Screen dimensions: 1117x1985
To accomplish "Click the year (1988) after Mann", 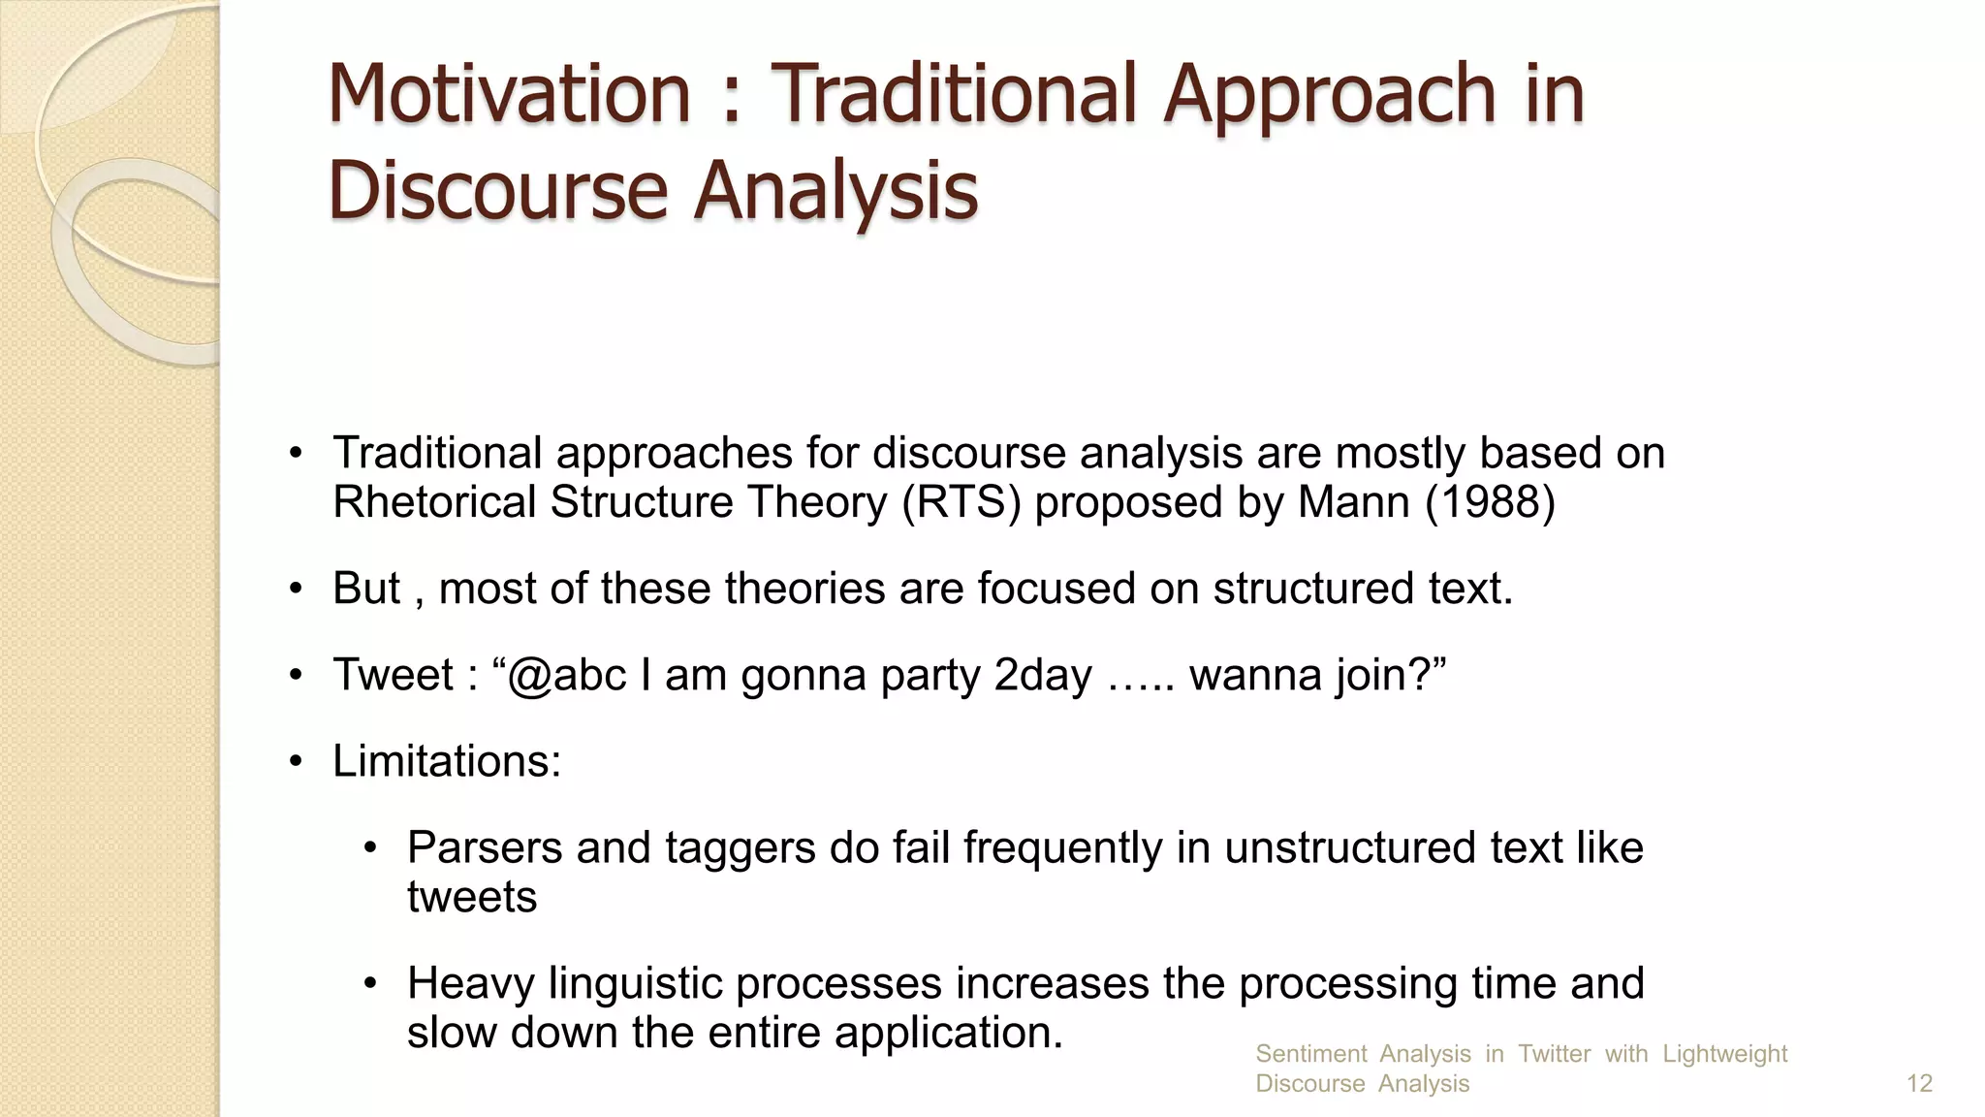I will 1490,502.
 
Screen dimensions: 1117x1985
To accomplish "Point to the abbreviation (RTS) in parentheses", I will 961,502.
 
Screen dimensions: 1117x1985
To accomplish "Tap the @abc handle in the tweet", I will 566,675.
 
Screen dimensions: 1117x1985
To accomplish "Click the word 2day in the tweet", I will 1043,675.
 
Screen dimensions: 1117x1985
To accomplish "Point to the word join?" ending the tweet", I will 1391,675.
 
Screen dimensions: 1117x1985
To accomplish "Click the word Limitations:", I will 447,761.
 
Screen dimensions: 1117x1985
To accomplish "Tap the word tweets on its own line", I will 472,897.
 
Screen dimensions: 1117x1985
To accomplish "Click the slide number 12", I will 1919,1083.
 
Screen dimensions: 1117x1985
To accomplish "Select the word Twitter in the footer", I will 1554,1054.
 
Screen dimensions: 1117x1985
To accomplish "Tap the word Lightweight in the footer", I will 1724,1054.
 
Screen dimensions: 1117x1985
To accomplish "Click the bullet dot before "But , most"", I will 297,590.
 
